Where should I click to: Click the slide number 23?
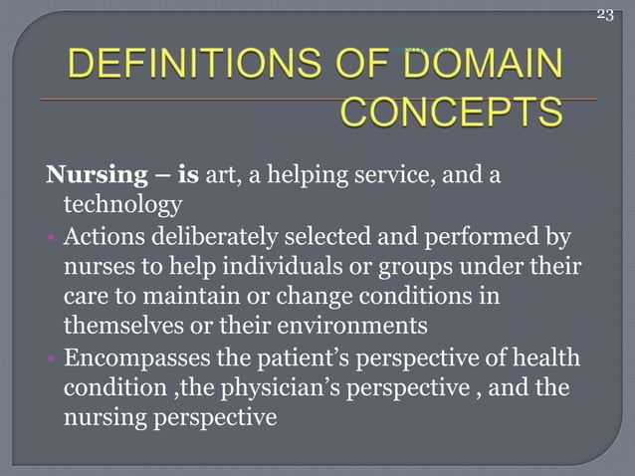[606, 13]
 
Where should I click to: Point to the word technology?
[122, 206]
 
